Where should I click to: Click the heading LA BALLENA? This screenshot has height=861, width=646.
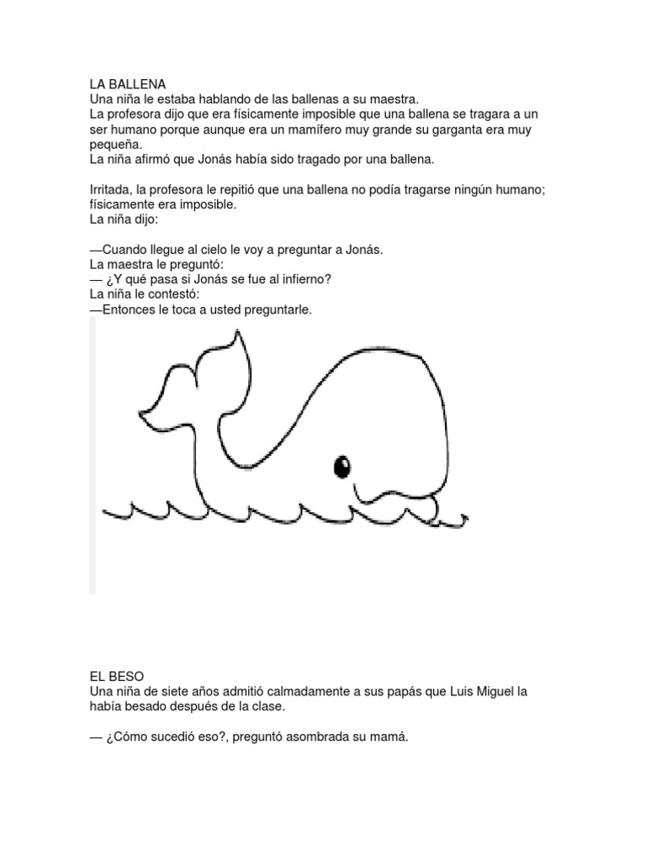point(128,84)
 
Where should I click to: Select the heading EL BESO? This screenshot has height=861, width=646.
point(117,676)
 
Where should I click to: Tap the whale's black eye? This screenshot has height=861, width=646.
point(342,465)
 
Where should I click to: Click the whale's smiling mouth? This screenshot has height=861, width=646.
point(395,496)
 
